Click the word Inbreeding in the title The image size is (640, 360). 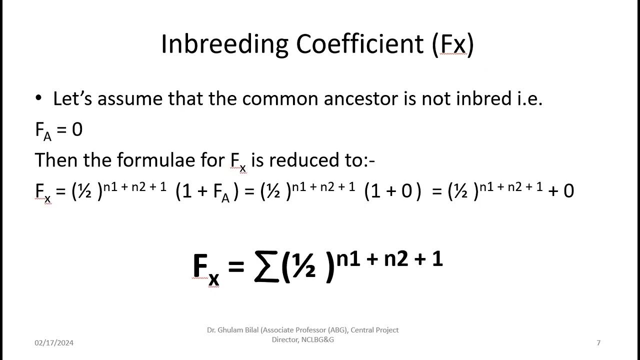pos(224,44)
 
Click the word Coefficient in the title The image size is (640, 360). pos(360,44)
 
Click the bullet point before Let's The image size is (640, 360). pos(39,99)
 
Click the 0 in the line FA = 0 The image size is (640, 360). pos(77,130)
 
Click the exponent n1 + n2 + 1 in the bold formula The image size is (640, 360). pos(389,259)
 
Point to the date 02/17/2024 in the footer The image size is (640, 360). pos(54,343)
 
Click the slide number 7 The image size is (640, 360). pos(598,343)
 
